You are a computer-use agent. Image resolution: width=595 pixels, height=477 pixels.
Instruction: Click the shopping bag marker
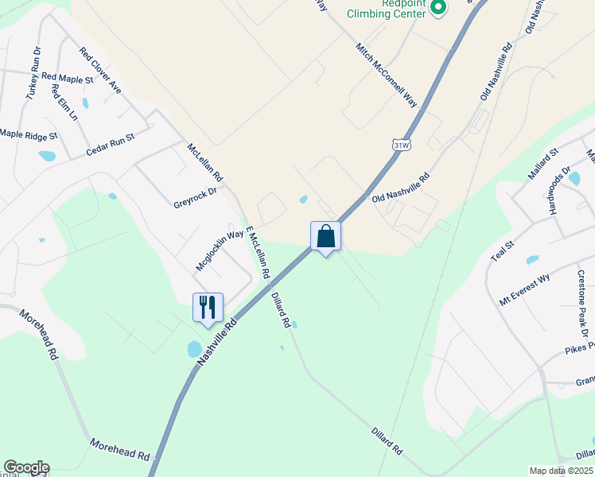(x=325, y=236)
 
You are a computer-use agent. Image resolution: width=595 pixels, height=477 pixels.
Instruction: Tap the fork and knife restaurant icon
(x=208, y=307)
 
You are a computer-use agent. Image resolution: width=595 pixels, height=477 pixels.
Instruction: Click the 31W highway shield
(x=402, y=144)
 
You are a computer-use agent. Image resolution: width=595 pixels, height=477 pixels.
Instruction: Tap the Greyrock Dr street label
(x=195, y=197)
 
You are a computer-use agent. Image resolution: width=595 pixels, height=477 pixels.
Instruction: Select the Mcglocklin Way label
(x=220, y=250)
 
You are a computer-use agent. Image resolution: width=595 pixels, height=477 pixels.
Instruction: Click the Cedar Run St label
(x=111, y=142)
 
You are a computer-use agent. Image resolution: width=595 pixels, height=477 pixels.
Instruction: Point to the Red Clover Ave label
(x=100, y=71)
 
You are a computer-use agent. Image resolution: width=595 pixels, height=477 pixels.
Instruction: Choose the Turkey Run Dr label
(x=33, y=73)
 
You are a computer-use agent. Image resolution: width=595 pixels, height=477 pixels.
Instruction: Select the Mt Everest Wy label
(x=525, y=289)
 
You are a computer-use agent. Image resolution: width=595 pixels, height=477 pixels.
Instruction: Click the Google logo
(x=26, y=467)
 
